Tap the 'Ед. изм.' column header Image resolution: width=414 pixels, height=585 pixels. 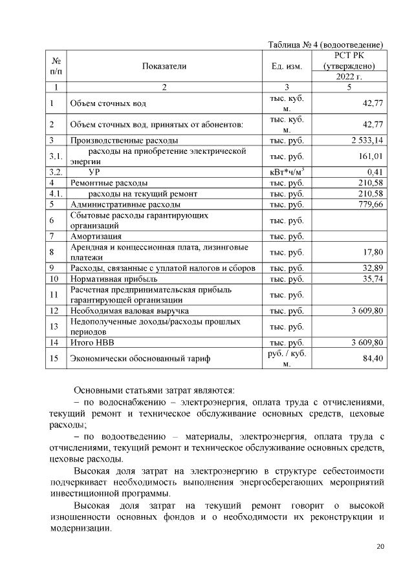pos(287,66)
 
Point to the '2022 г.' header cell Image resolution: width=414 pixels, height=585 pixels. pos(349,77)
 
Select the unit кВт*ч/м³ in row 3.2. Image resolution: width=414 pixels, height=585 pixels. pos(287,172)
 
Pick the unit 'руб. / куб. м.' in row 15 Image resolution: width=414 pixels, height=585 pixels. pos(287,358)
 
